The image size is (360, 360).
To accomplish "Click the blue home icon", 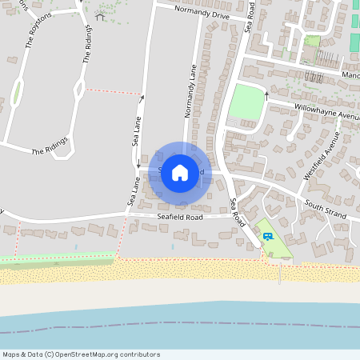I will [180, 173].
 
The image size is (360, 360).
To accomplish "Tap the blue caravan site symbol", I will [267, 235].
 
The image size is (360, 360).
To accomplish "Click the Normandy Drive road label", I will [204, 13].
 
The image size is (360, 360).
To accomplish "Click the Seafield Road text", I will [180, 217].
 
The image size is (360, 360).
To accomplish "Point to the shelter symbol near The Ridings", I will [100, 15].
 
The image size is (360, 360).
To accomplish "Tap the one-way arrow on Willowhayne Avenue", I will [266, 95].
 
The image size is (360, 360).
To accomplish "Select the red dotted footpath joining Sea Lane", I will [111, 91].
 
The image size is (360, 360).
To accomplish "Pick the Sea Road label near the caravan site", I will [236, 210].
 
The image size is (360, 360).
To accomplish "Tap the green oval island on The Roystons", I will [17, 94].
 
